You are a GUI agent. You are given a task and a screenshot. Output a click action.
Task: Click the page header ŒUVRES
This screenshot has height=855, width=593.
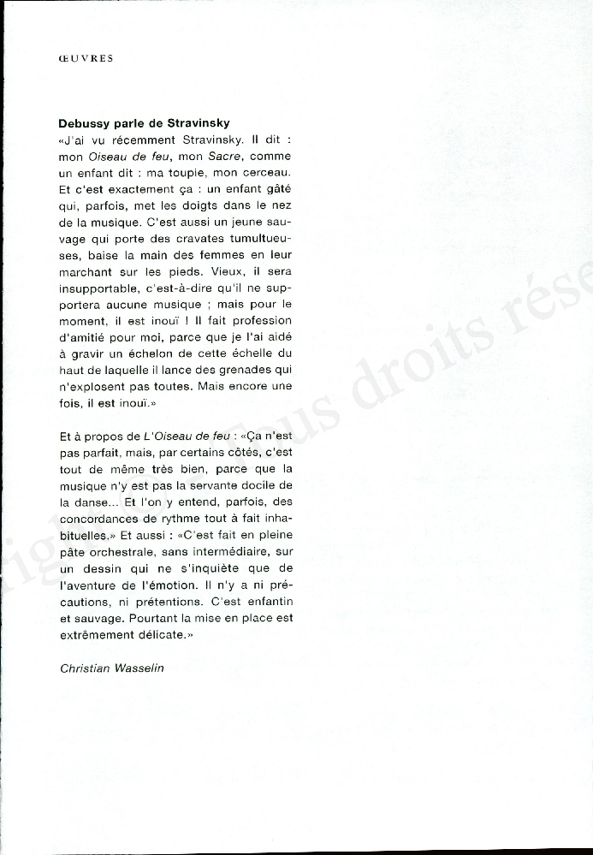[86, 59]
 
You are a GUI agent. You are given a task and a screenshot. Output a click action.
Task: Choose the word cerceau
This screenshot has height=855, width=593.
[266, 173]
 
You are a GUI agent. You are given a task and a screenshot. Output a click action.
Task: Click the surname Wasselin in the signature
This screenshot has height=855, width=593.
[145, 668]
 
